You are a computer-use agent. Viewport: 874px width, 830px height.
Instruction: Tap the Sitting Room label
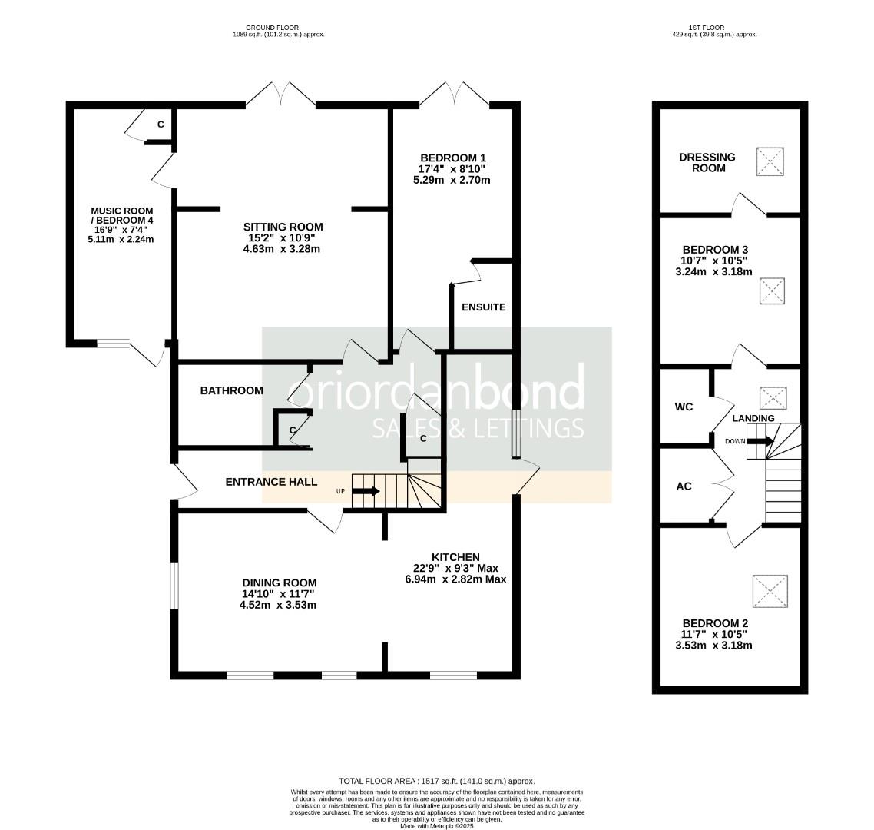pos(283,227)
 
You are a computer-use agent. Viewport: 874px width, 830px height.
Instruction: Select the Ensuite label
pos(483,307)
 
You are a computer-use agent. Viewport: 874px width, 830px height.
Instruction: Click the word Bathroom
pos(231,391)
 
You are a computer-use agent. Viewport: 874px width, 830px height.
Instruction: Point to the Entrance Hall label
pos(271,483)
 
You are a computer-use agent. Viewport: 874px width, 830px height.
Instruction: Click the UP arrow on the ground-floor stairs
pos(366,491)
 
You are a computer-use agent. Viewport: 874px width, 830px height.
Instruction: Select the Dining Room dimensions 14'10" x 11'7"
pos(278,594)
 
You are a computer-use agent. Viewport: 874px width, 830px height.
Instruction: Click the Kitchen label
pos(455,557)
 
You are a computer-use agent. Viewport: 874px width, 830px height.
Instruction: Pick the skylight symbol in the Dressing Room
pos(771,162)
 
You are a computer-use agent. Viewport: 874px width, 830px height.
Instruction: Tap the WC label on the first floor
pos(684,407)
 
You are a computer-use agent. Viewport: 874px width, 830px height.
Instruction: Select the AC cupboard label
pos(684,486)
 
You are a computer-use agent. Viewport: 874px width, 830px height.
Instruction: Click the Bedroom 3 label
pos(715,250)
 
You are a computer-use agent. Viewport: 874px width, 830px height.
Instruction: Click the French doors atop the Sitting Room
pos(282,95)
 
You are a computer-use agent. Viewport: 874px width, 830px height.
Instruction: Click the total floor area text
pos(436,781)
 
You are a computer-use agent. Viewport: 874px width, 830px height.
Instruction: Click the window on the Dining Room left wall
pos(174,586)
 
